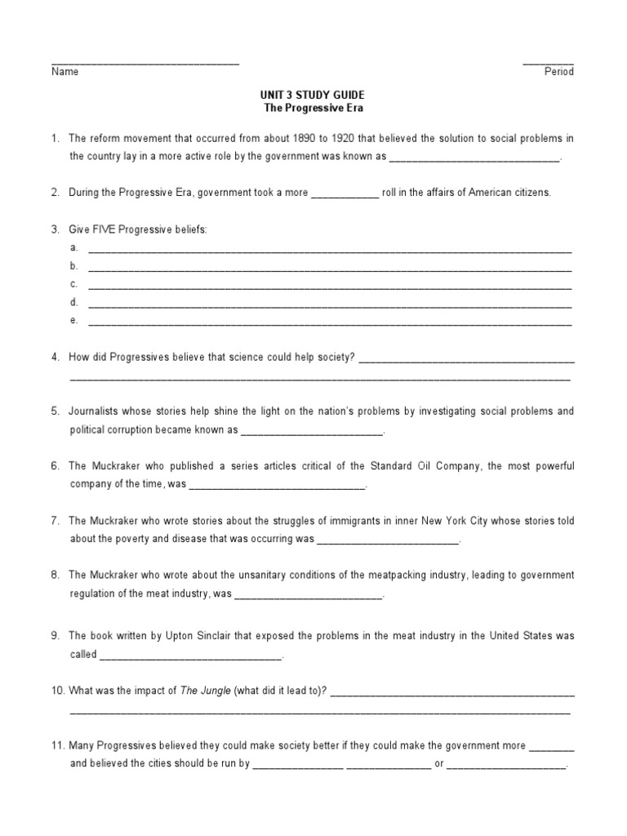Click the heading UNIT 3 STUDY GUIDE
tap(313, 95)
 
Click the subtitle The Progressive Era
tap(313, 108)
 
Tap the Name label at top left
tap(65, 72)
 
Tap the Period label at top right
tap(559, 72)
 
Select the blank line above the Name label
tap(145, 63)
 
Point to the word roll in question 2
tap(393, 193)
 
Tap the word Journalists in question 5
tap(95, 411)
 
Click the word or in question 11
tap(439, 765)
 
